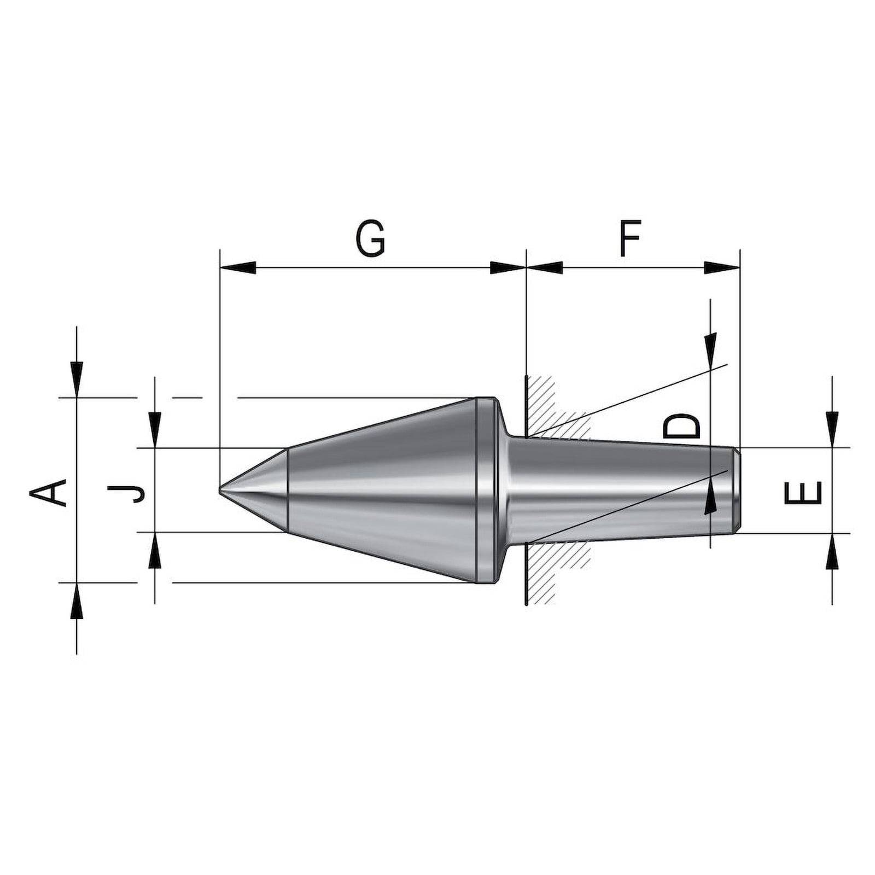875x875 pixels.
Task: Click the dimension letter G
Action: (x=370, y=239)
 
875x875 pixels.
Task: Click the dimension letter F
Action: (x=630, y=239)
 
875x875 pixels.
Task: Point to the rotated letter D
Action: (x=681, y=427)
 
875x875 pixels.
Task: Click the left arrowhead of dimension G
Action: (x=238, y=268)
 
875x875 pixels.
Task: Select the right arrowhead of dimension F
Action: (x=721, y=268)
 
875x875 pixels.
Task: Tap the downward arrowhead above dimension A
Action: (x=77, y=377)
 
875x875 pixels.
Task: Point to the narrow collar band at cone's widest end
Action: (x=483, y=490)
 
